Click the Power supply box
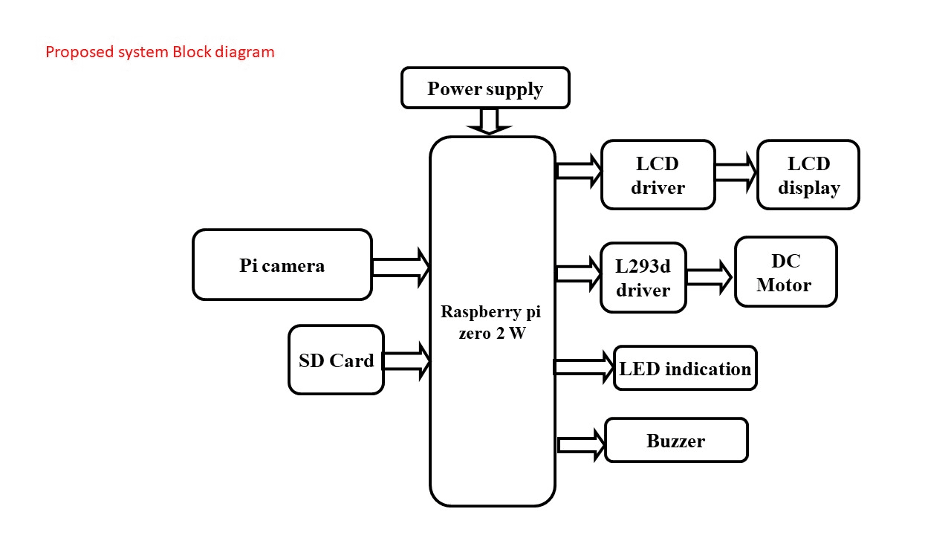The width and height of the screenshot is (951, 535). [485, 88]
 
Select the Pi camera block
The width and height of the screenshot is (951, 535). [282, 265]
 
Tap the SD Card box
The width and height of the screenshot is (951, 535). [336, 360]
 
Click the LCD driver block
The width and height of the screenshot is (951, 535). [658, 175]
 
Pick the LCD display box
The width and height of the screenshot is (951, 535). [808, 175]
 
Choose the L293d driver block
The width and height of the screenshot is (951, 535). [643, 277]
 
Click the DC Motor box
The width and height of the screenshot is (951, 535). [785, 272]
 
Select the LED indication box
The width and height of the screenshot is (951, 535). [685, 368]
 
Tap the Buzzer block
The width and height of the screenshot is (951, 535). [676, 440]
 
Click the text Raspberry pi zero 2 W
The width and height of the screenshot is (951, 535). [492, 322]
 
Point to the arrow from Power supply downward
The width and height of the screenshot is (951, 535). [489, 121]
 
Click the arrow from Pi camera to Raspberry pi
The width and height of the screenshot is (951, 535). [400, 267]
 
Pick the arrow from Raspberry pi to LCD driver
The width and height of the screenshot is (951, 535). [579, 171]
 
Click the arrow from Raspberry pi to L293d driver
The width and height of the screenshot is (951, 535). [579, 273]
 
